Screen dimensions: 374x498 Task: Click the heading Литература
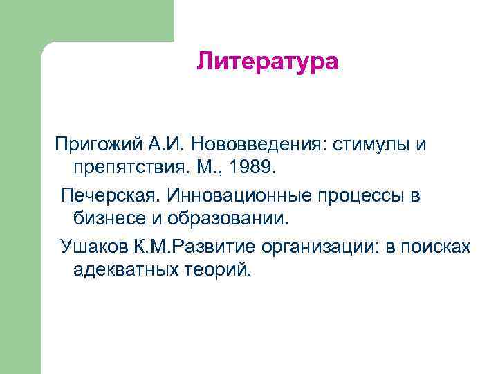pyautogui.click(x=267, y=62)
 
